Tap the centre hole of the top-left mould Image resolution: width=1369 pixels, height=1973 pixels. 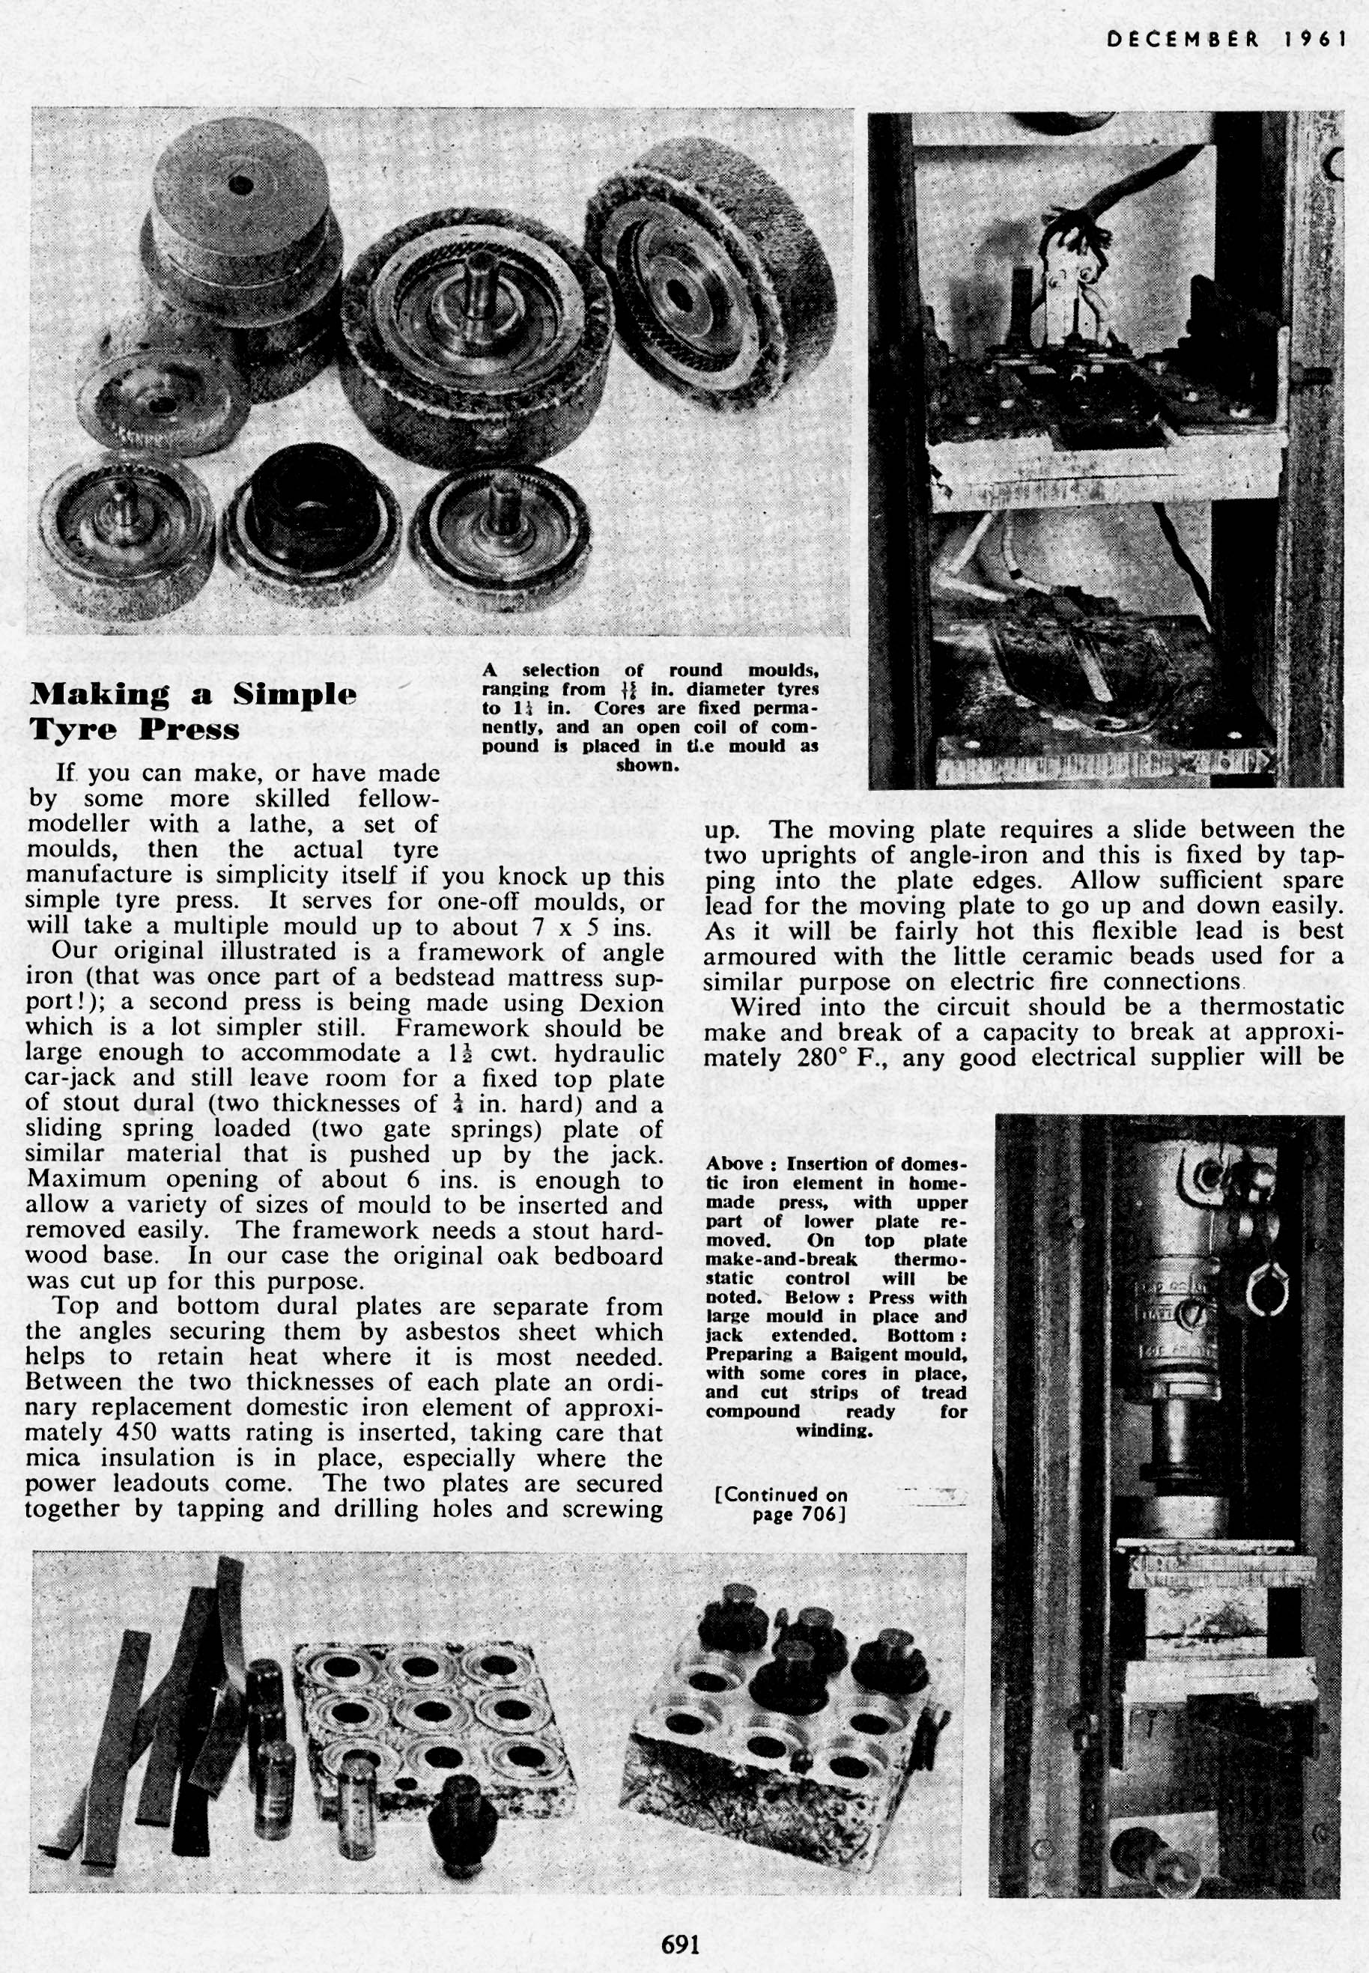241,183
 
